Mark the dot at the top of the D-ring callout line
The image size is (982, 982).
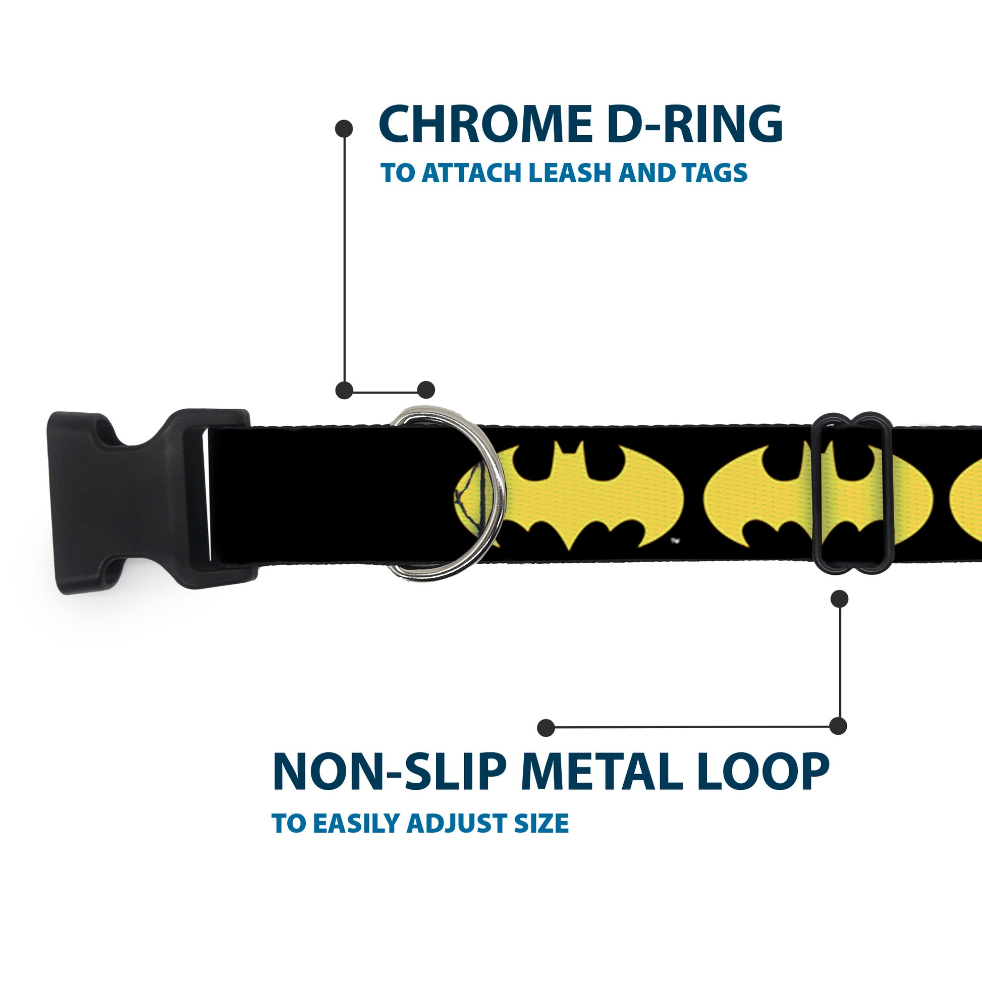(x=344, y=129)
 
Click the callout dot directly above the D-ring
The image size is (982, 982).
(x=426, y=390)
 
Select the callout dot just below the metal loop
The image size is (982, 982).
(x=839, y=599)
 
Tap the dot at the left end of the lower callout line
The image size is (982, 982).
(x=546, y=727)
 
